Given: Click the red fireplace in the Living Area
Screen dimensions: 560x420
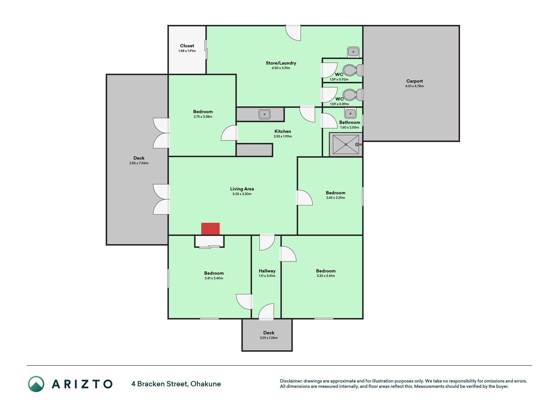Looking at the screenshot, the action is (x=210, y=229).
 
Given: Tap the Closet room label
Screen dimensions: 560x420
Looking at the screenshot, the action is (x=187, y=46).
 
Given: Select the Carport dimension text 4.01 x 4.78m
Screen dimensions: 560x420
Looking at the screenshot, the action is (x=414, y=86).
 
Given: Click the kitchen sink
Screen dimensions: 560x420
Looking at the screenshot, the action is (x=264, y=114).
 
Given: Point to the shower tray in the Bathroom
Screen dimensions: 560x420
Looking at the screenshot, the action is (x=346, y=144).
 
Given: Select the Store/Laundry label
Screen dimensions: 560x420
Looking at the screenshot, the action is (x=281, y=63).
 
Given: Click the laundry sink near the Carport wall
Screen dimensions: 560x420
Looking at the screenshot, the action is (x=353, y=52).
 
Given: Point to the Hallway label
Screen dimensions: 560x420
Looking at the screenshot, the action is (x=267, y=271).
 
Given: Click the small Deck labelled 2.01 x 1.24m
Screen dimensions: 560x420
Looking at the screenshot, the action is (x=267, y=335).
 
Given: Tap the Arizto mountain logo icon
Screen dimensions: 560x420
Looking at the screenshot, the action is (x=36, y=384).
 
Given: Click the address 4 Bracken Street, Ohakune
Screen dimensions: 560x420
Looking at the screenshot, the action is (x=176, y=384).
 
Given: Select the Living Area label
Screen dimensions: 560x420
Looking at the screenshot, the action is (x=242, y=189).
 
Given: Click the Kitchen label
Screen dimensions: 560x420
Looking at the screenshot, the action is (x=283, y=131).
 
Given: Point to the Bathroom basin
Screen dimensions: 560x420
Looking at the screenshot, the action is (x=350, y=114).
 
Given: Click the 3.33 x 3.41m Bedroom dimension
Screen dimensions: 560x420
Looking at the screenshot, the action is (x=326, y=276).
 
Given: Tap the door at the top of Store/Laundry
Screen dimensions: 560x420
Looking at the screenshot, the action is (x=293, y=32).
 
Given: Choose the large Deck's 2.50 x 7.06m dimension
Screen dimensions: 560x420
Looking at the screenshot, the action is (x=139, y=163).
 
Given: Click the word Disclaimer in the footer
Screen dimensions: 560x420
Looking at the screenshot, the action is (x=291, y=381).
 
